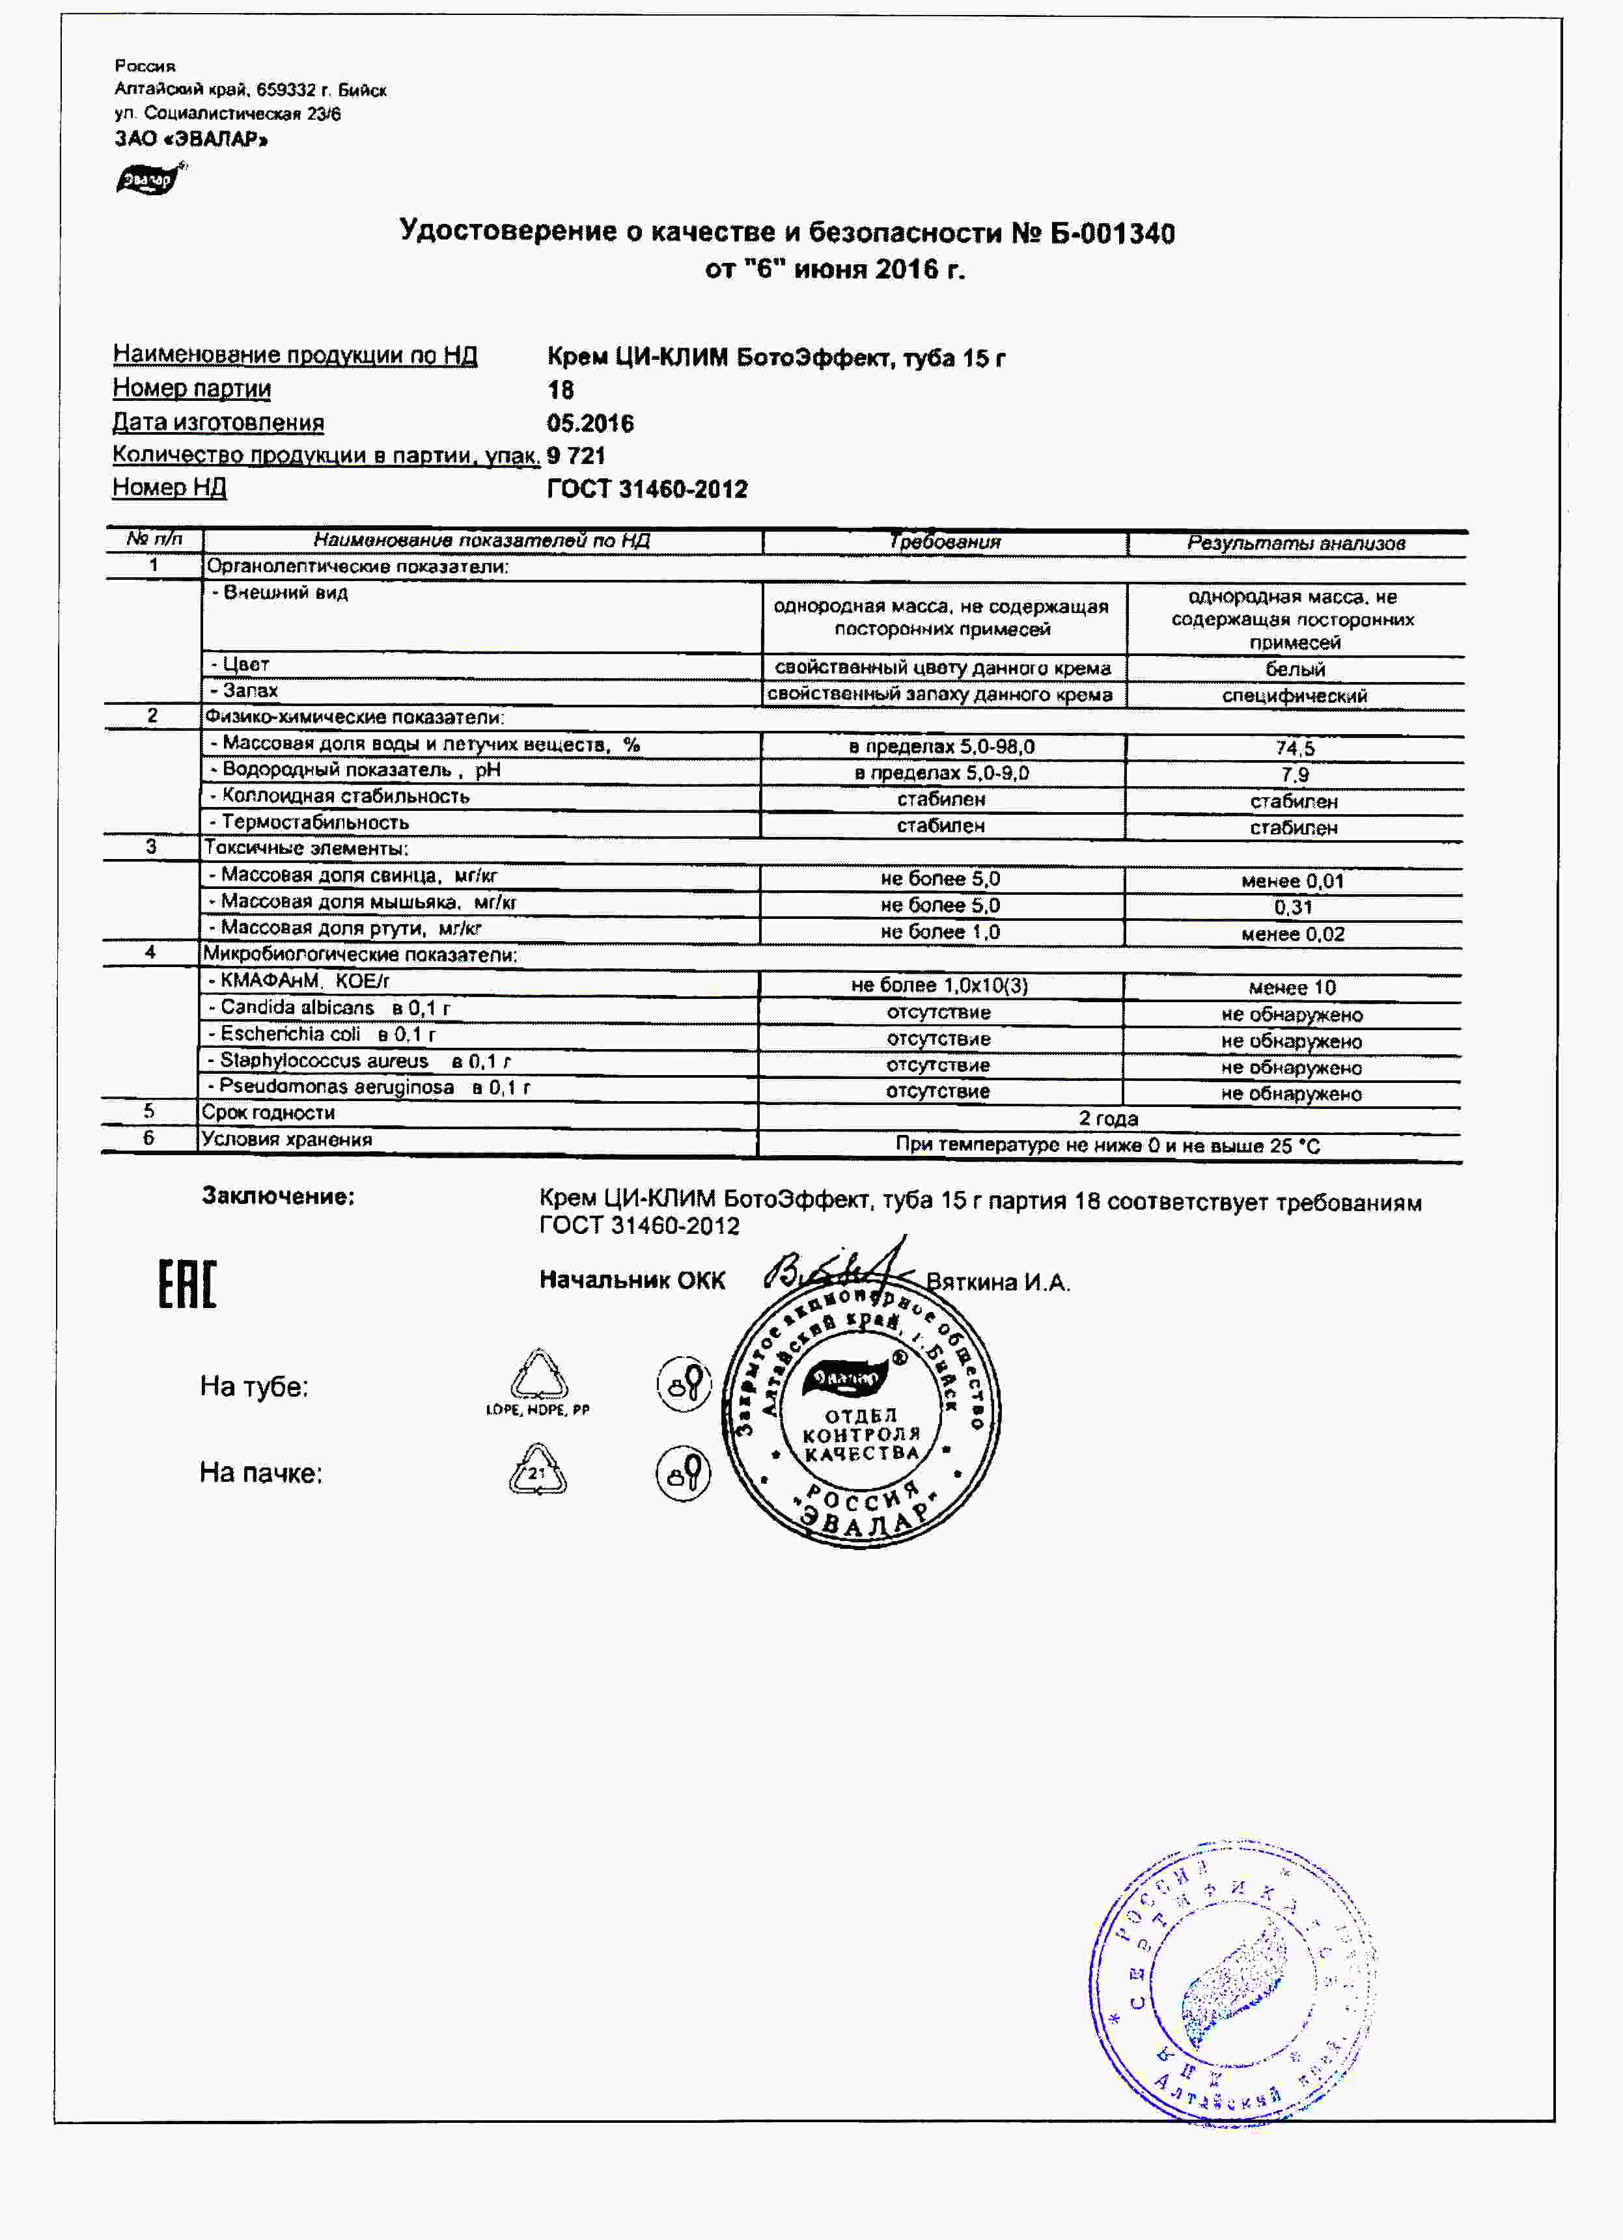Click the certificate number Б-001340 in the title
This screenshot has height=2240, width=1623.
(x=1111, y=234)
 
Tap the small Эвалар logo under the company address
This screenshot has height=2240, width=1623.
(x=149, y=180)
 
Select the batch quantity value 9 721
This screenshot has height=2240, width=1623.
(x=576, y=456)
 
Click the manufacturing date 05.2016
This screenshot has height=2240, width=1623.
(x=590, y=423)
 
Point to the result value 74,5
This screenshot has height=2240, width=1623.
(x=1294, y=748)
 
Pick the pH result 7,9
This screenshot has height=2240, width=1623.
(x=1294, y=775)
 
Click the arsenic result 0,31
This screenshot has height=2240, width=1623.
(x=1293, y=907)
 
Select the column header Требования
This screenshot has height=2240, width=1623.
(x=945, y=542)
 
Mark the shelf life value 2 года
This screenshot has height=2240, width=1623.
(x=1107, y=1118)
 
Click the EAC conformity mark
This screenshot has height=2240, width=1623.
(x=187, y=1284)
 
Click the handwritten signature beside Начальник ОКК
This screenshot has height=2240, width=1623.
(x=840, y=1268)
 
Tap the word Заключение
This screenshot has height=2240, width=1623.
(x=277, y=1196)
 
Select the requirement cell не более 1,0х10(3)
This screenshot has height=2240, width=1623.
(x=939, y=985)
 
